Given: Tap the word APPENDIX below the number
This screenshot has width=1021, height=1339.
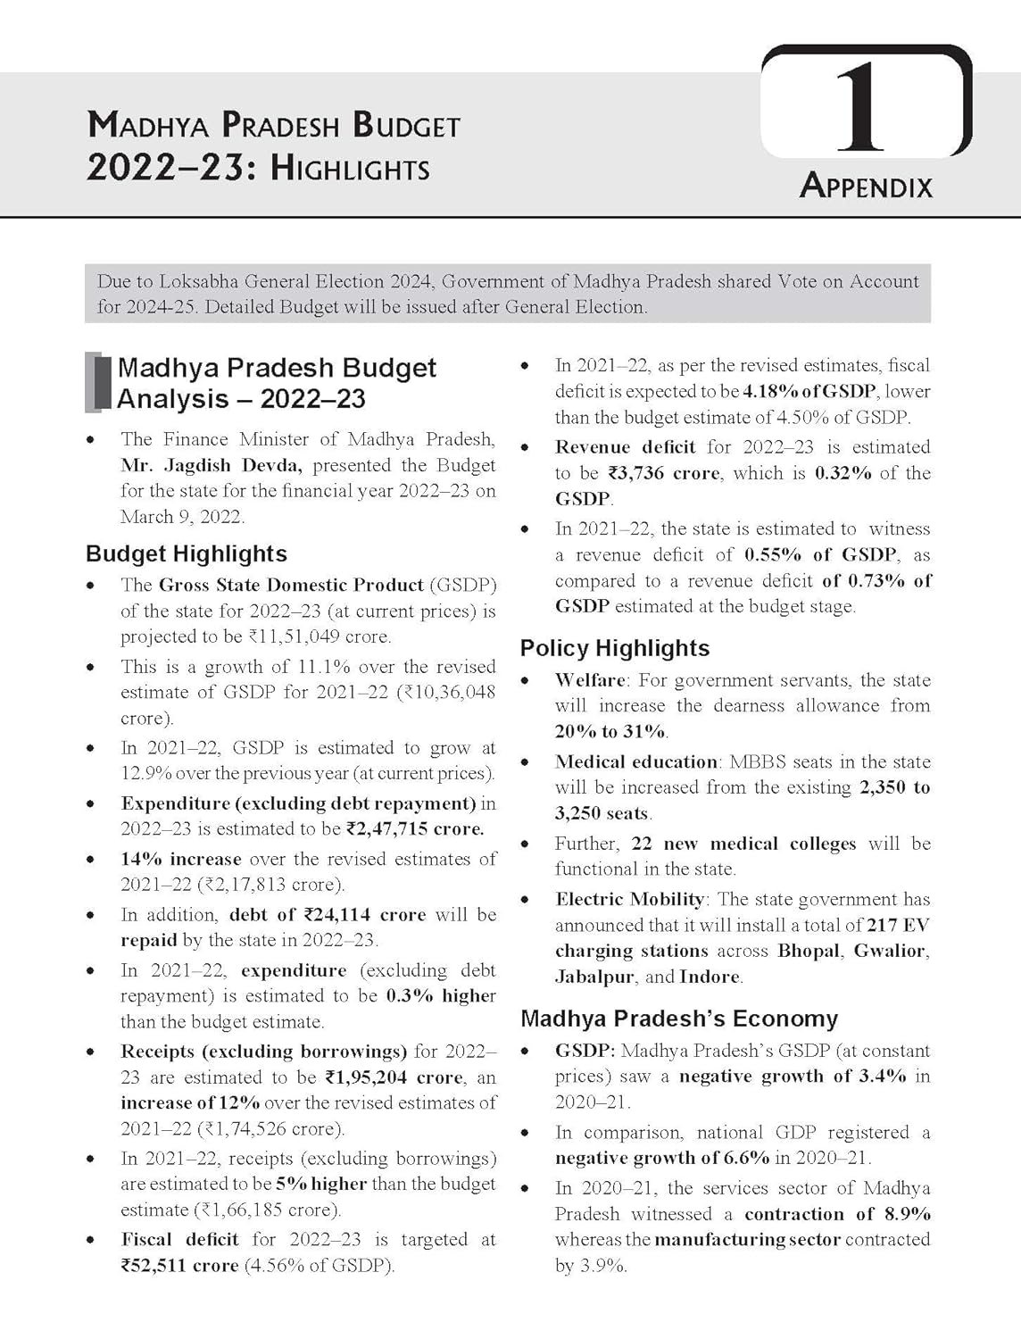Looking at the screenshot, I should tap(866, 186).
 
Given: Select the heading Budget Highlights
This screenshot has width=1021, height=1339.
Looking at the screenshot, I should tap(187, 553).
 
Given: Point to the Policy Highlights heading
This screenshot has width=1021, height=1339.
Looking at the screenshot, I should tap(615, 648).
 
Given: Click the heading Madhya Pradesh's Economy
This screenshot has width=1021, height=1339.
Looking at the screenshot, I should tap(679, 1019).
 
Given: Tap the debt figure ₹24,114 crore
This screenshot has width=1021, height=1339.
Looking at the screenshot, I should tap(364, 914).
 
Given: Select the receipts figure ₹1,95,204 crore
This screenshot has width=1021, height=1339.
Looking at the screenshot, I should tap(394, 1077).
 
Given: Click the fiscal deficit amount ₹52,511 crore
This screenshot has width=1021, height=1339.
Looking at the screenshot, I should tap(179, 1265).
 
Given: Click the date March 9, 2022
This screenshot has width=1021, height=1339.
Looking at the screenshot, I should tap(181, 517).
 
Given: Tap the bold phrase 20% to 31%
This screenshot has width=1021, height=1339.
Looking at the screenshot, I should tap(610, 731).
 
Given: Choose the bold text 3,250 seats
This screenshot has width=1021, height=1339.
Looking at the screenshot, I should tap(602, 813).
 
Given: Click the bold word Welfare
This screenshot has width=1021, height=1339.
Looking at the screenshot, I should tap(592, 680).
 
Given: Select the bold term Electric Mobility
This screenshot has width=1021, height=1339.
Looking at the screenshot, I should tap(629, 899).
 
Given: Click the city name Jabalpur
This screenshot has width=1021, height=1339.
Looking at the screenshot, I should tap(594, 977).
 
